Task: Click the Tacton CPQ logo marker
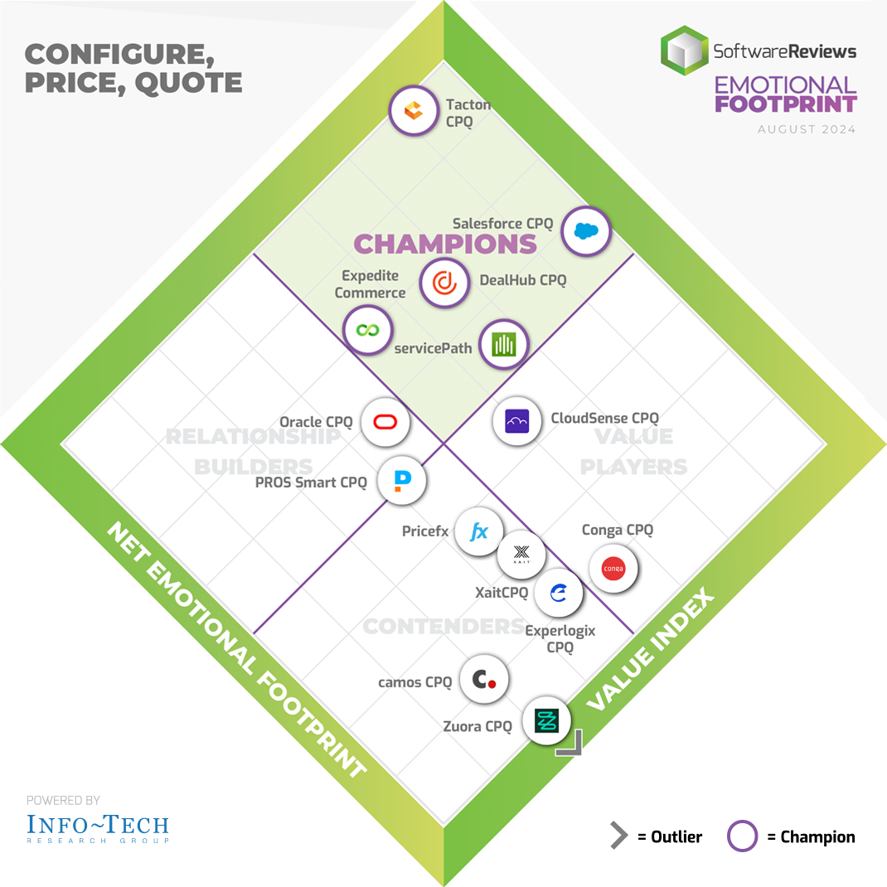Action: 413,110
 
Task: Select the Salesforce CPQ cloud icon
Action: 586,231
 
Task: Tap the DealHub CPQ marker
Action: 444,283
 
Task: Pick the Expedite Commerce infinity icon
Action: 367,330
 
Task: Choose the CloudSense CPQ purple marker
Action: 516,421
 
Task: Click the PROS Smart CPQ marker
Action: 402,481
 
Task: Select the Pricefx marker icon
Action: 479,532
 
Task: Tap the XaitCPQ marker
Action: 521,554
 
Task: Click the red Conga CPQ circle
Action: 613,569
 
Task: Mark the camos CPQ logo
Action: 483,681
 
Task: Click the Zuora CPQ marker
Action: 546,721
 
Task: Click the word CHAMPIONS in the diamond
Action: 445,244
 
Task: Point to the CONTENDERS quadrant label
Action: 443,626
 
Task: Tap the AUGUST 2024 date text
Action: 806,130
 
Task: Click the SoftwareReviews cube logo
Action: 684,51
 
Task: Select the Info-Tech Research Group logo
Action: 97,827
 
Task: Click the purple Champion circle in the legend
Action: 742,836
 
